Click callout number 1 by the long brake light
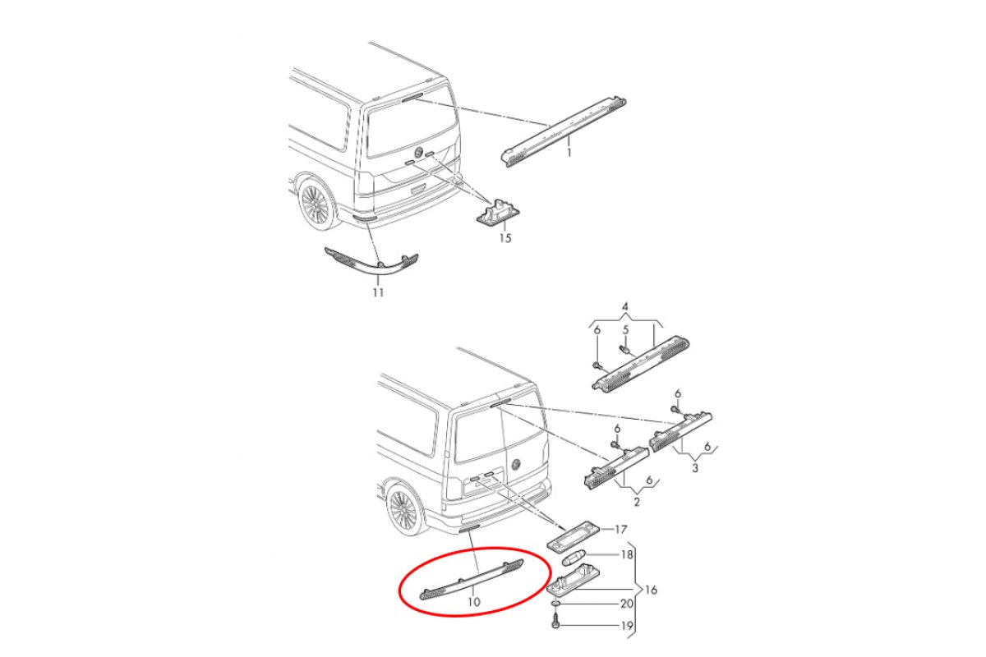(569, 153)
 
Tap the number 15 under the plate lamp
(505, 238)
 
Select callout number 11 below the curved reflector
(378, 292)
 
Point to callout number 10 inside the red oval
(473, 601)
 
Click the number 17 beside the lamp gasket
(620, 529)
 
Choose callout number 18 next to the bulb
(626, 554)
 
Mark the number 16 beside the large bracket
(651, 590)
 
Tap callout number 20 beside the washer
(626, 604)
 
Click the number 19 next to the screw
(626, 625)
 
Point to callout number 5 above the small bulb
(625, 329)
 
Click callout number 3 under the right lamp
(695, 468)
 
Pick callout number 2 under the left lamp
(637, 501)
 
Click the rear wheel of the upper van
(316, 205)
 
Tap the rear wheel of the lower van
(404, 512)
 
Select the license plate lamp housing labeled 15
(498, 214)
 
